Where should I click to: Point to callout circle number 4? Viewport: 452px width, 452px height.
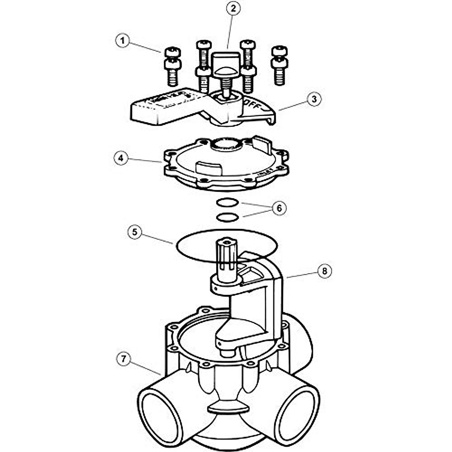pos(121,158)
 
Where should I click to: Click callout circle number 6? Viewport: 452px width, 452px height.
pos(279,208)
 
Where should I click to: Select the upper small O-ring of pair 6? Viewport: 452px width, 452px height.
pos(228,203)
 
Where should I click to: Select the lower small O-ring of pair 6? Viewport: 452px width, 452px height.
pos(228,217)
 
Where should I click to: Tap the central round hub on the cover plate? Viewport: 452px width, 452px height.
pos(226,145)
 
